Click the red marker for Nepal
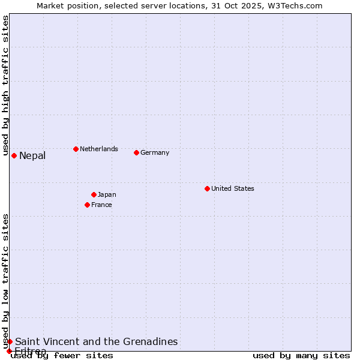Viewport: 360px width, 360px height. click(14, 155)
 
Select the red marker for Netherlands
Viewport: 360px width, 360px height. click(76, 149)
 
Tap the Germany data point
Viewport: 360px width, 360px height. click(136, 152)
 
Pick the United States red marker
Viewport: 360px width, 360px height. click(207, 188)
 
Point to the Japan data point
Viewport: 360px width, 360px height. click(94, 194)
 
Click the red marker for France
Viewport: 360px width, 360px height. click(87, 205)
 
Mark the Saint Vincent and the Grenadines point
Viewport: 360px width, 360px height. click(10, 341)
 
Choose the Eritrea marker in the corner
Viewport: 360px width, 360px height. click(9, 351)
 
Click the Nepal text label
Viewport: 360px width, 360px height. click(32, 156)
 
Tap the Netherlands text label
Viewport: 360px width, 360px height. click(99, 149)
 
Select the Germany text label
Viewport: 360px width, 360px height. click(155, 152)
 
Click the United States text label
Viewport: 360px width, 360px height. click(233, 188)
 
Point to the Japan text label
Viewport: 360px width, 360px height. click(107, 194)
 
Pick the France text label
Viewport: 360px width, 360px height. click(101, 205)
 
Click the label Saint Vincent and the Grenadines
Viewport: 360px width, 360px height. click(97, 341)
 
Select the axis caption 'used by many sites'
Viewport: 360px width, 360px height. click(301, 356)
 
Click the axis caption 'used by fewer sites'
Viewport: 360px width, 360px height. click(62, 356)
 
